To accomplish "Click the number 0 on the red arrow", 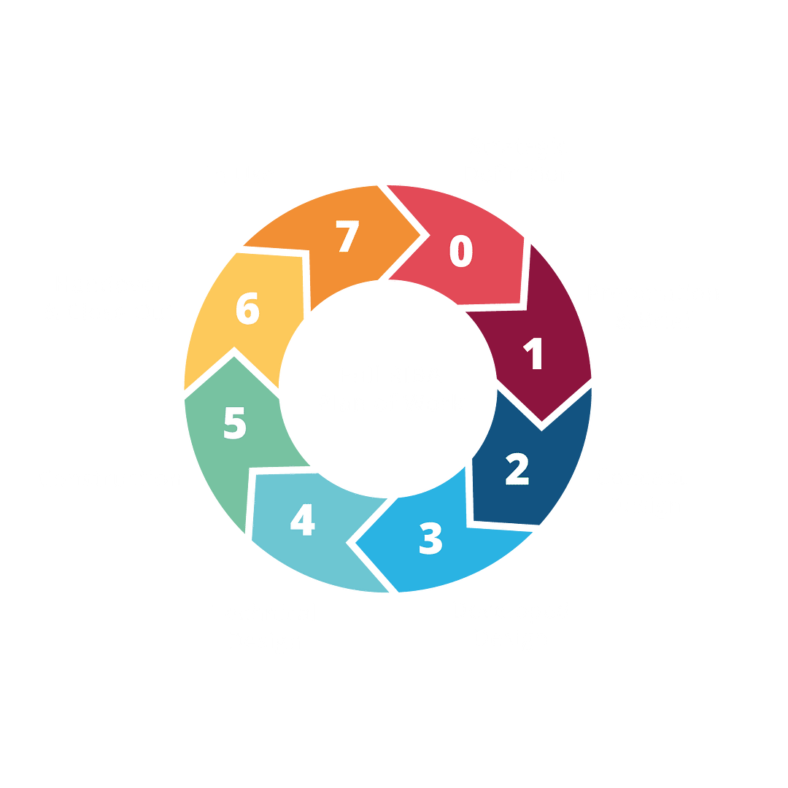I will click(x=461, y=251).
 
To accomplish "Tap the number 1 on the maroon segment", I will click(x=535, y=354).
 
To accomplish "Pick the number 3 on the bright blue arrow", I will click(x=431, y=538).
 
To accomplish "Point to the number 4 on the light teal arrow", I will click(x=302, y=521).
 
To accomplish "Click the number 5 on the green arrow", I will click(x=235, y=424).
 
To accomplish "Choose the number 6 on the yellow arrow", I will click(x=247, y=309).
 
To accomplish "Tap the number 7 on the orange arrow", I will click(x=348, y=237).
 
